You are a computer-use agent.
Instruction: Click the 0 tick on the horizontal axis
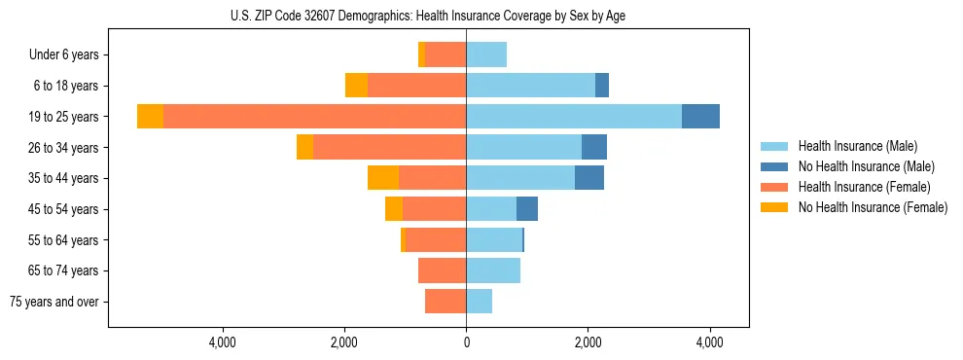[466, 342]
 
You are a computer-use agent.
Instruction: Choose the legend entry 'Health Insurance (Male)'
[857, 146]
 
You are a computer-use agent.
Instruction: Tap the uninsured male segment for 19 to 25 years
[700, 117]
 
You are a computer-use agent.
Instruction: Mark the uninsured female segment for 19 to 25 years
[150, 117]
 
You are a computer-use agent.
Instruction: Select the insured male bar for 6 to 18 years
[530, 86]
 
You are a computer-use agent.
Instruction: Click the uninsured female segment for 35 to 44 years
[383, 178]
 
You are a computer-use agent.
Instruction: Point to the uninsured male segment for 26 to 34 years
[594, 147]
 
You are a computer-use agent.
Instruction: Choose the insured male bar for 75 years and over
[479, 302]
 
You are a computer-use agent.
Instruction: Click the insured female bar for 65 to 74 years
[442, 270]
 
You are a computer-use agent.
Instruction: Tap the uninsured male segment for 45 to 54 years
[527, 209]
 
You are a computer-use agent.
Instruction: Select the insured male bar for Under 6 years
[486, 54]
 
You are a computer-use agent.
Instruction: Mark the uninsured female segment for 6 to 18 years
[356, 86]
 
